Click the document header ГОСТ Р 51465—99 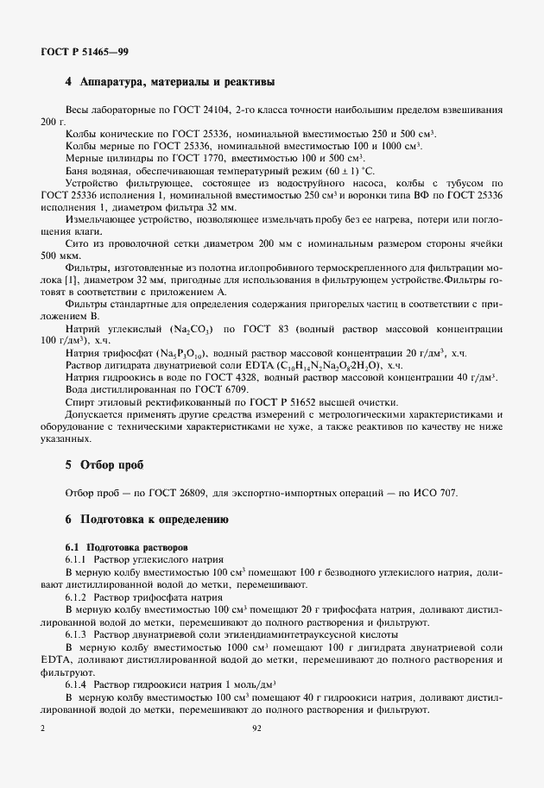[x=85, y=52]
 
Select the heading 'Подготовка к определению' [x=153, y=520]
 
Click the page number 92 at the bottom [x=256, y=728]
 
